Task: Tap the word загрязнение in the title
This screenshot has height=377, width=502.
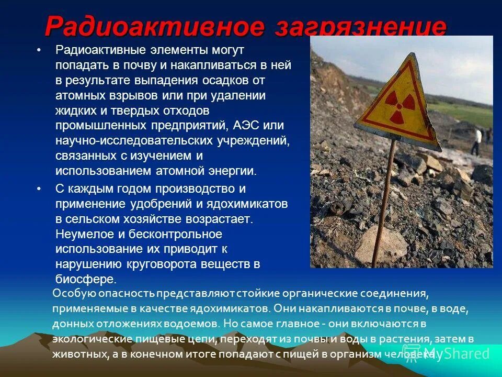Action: click(x=361, y=26)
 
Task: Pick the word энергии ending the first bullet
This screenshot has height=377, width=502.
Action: click(x=234, y=171)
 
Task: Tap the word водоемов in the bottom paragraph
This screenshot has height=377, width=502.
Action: click(x=197, y=324)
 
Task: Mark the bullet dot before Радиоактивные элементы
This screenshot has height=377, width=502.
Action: click(x=38, y=50)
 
